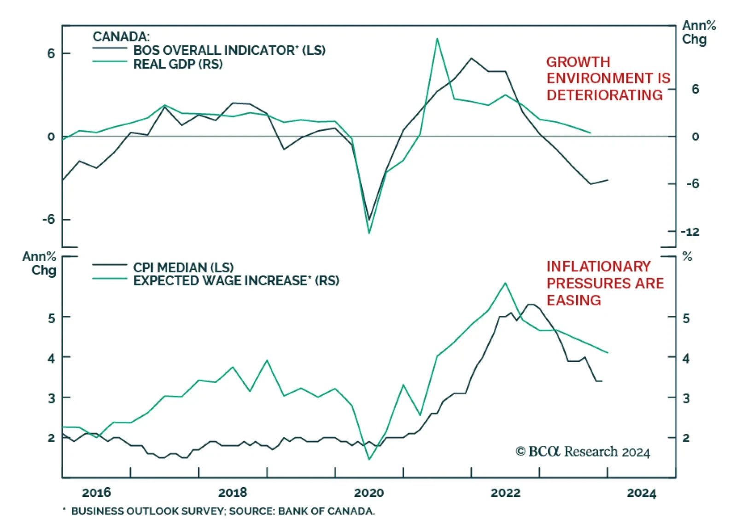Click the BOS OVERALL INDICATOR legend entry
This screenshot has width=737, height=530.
click(x=229, y=50)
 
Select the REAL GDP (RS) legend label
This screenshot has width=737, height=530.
click(x=178, y=64)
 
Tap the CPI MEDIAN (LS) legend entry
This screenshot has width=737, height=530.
click(x=183, y=267)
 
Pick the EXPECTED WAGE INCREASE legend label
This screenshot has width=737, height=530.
click(x=236, y=280)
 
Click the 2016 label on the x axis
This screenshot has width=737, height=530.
click(x=96, y=493)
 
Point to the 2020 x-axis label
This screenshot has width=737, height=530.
click(x=368, y=493)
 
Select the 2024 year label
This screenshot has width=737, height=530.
click(x=641, y=493)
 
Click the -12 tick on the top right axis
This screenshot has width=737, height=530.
click(x=690, y=232)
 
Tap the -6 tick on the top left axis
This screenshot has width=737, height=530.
click(x=48, y=219)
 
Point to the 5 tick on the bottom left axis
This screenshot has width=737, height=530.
click(x=51, y=318)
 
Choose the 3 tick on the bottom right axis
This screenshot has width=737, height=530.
click(x=686, y=398)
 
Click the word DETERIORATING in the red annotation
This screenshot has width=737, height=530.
click(x=604, y=95)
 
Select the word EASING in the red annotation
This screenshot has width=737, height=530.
click(x=573, y=300)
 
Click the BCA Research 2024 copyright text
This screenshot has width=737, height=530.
click(x=583, y=452)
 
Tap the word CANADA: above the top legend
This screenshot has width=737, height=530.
click(x=121, y=36)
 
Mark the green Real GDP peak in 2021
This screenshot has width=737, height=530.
click(x=437, y=39)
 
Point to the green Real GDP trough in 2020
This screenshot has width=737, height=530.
click(x=369, y=233)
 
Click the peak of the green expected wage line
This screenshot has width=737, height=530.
click(x=505, y=283)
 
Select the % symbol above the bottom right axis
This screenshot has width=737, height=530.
click(x=687, y=256)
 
